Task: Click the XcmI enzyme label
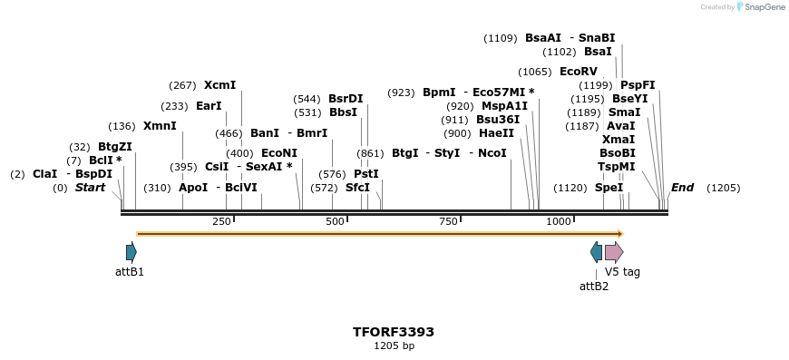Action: (219, 85)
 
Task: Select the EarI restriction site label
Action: (209, 106)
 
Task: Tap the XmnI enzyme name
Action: (160, 126)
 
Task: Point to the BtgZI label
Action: (115, 147)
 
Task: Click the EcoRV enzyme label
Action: (579, 72)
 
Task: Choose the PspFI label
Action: (638, 85)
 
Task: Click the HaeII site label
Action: (496, 133)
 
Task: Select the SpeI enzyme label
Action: (609, 188)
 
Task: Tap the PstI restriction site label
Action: (366, 174)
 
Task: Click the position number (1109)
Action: (501, 38)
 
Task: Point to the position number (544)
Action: (307, 99)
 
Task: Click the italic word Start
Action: (90, 188)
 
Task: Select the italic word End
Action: (682, 188)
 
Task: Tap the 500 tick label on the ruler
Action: (335, 222)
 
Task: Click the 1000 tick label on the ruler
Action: (559, 222)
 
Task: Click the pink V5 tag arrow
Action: (614, 252)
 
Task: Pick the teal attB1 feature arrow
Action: (131, 252)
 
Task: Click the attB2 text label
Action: (594, 287)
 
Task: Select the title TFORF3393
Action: (394, 332)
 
